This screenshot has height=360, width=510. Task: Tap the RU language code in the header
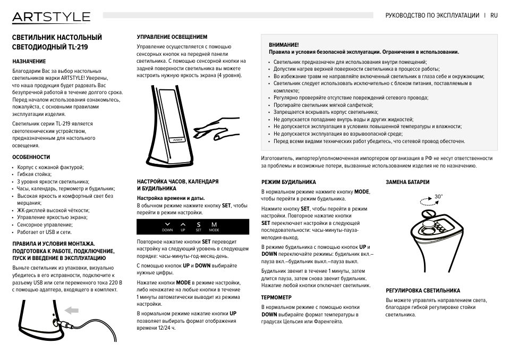pos(494,16)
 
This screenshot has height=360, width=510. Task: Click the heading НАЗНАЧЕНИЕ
pos(29,61)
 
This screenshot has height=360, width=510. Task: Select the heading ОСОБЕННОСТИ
pos(31,157)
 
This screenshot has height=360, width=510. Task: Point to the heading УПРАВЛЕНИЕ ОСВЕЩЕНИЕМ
pos(172,37)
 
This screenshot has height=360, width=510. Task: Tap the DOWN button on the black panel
pos(167,227)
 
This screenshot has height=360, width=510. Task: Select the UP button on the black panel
pos(183,227)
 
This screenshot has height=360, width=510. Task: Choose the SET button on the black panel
pos(198,227)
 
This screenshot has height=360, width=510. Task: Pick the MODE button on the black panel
pos(214,227)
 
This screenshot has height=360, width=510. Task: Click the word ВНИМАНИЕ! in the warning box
pos(284,45)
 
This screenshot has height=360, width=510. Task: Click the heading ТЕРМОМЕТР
pos(276,297)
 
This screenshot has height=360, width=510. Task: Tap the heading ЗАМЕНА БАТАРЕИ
pos(407,182)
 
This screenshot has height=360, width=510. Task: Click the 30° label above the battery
pos(438,196)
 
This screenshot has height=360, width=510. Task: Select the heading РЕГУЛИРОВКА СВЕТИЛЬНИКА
pos(423,290)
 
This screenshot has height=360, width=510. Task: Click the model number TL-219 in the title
pos(77,47)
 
